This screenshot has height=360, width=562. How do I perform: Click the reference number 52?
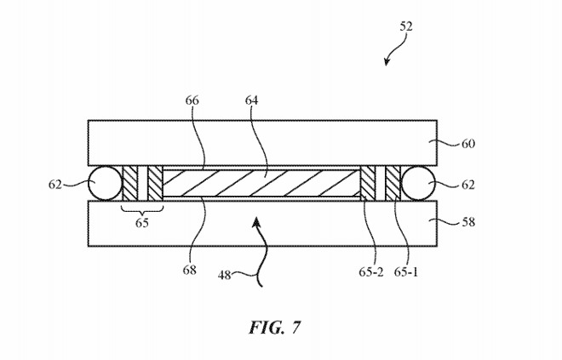[406, 26]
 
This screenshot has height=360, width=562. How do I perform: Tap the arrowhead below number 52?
[386, 62]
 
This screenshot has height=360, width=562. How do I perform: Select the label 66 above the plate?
[192, 100]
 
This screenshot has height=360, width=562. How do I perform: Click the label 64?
[251, 100]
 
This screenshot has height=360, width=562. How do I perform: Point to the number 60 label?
[467, 144]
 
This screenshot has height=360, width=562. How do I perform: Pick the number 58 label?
[468, 222]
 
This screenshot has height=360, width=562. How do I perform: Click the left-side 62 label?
[55, 185]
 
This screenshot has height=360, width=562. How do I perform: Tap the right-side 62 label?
[468, 185]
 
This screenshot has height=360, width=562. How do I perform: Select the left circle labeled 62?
[106, 183]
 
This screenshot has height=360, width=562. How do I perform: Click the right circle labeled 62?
[418, 183]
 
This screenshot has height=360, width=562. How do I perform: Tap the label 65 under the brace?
[142, 223]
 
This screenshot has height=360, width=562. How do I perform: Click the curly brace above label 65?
[142, 210]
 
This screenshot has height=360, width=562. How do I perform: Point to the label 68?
[189, 270]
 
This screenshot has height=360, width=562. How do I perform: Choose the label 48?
[224, 276]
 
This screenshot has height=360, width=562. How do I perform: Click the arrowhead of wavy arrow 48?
[256, 222]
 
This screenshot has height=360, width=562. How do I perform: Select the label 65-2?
[371, 272]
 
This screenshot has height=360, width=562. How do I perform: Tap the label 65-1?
[406, 272]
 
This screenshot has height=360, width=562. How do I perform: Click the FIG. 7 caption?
[275, 328]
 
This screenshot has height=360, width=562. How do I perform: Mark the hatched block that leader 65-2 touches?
[367, 183]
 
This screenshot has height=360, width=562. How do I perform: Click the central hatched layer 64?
[261, 183]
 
